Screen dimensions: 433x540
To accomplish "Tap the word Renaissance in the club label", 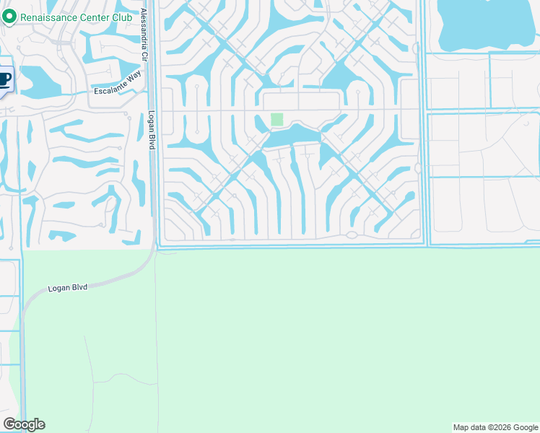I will pyautogui.click(x=51, y=17).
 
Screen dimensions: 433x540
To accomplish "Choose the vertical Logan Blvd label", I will pyautogui.click(x=152, y=130).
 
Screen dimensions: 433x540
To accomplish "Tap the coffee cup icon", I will pyautogui.click(x=5, y=78).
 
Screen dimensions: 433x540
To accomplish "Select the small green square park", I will pyautogui.click(x=276, y=119).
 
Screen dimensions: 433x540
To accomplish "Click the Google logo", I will pyautogui.click(x=24, y=424).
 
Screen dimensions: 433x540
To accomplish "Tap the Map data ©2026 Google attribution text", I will pyautogui.click(x=495, y=427).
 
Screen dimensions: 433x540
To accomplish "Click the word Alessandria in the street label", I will pyautogui.click(x=144, y=26).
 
